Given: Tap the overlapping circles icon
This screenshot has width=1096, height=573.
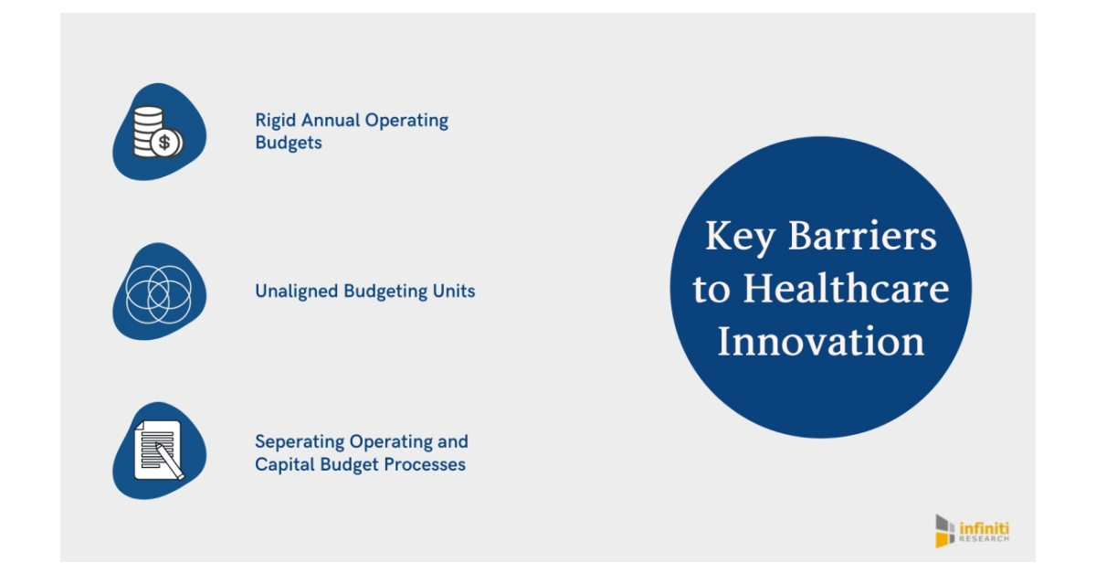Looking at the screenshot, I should click(x=159, y=292).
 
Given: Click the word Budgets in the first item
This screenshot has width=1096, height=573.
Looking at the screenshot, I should click(x=288, y=143).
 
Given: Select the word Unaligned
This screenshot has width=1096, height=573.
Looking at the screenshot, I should click(x=297, y=292).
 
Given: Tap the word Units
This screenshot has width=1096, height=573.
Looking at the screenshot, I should click(x=455, y=292).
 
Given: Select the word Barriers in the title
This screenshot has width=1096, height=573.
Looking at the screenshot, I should click(x=862, y=237).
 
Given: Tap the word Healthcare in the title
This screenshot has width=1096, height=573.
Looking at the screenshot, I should click(x=846, y=290).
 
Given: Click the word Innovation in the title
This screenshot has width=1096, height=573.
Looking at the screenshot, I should click(x=820, y=343).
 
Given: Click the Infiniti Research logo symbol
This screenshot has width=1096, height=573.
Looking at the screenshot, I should click(x=944, y=531).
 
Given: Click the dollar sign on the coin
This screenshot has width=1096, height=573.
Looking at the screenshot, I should click(x=165, y=143).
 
